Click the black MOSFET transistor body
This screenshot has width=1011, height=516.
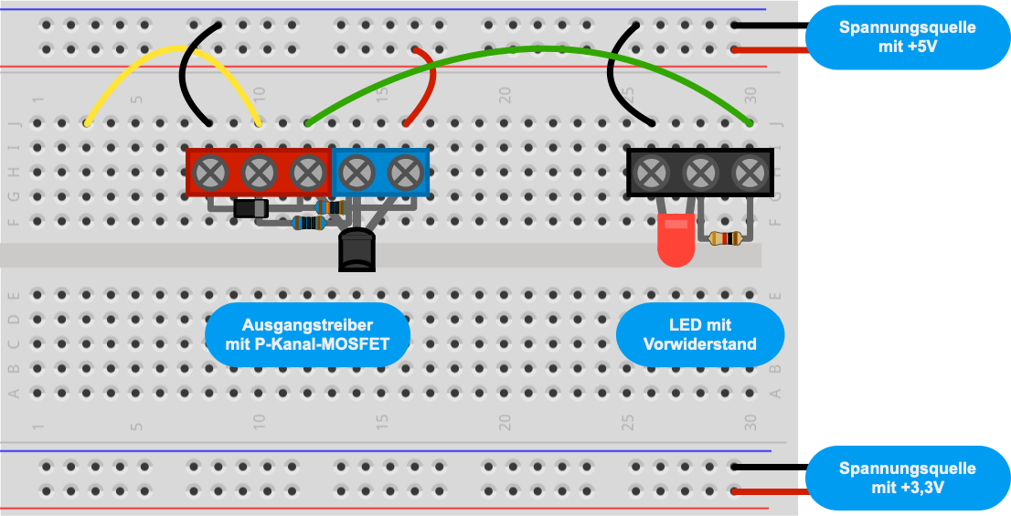coord(357,250)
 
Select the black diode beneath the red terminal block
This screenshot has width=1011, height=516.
coord(250,208)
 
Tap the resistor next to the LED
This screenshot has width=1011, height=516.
coord(726,239)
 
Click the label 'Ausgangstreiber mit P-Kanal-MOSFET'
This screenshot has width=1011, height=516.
coord(307,334)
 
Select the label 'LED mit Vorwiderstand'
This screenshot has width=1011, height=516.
coord(699,334)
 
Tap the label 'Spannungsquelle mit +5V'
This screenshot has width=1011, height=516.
coord(907,37)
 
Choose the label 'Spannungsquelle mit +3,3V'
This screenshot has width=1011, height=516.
coord(907,478)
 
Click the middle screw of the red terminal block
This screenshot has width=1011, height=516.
coord(260,173)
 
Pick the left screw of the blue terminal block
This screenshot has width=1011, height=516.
coord(357,173)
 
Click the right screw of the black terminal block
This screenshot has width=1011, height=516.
coord(750,173)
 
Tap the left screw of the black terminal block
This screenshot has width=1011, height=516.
coord(652,173)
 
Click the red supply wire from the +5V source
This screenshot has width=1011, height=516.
coord(772,50)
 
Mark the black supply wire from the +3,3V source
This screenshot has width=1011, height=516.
coord(772,467)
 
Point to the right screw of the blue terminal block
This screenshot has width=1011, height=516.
coord(406,173)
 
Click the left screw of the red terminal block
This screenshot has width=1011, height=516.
coord(210,173)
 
